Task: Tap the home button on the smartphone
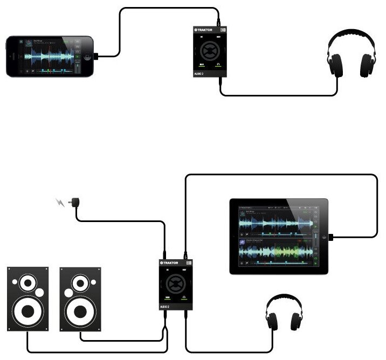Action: tap(12, 56)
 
